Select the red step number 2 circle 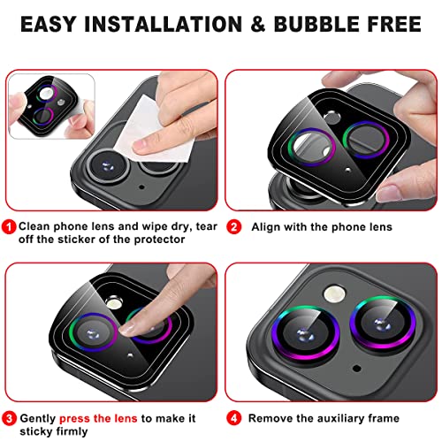[x=234, y=226]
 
